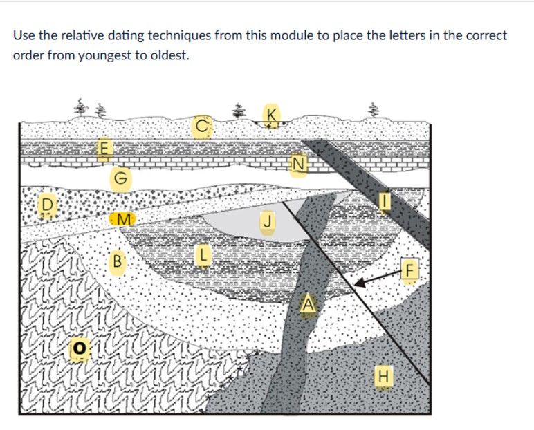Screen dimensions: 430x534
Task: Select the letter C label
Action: (201, 127)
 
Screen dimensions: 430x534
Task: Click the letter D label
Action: (47, 205)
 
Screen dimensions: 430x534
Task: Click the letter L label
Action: (201, 255)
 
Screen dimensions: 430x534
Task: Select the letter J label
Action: (267, 222)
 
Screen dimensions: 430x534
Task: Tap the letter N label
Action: (298, 164)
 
